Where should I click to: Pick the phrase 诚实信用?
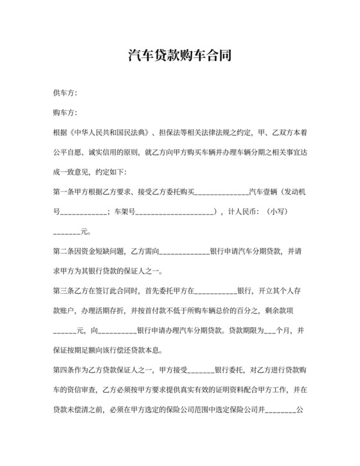[106, 154]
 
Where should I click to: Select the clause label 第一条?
[63, 192]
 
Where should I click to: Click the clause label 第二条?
[63, 251]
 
